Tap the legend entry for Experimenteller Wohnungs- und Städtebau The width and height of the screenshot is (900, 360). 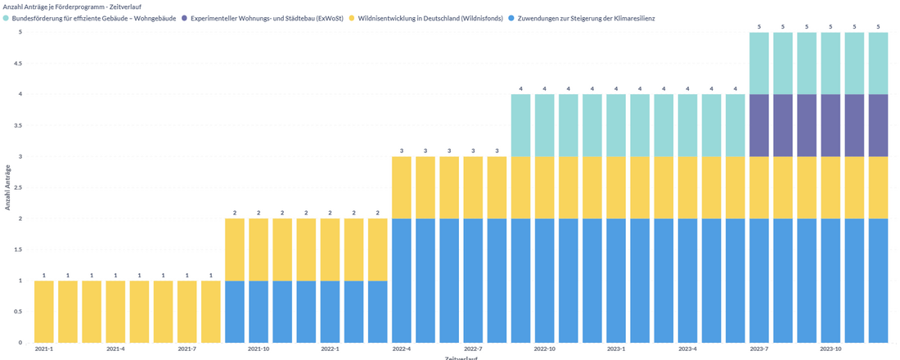266,17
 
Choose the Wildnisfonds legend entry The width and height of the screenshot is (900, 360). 430,17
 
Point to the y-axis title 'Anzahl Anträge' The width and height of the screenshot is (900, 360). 7,187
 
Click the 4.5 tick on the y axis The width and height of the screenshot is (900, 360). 16,63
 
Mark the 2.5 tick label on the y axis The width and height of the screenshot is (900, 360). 16,187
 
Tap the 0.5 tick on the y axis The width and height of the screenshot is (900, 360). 16,312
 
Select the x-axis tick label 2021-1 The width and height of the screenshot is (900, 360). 44,349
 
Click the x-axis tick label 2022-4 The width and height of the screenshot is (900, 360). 402,349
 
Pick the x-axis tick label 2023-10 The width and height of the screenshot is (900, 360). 831,349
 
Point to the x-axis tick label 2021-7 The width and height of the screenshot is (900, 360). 187,349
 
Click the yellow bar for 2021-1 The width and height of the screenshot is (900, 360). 44,312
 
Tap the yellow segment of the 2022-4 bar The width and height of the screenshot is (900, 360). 402,187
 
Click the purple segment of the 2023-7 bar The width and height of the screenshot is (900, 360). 759,125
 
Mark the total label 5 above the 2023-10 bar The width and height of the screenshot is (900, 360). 831,26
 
